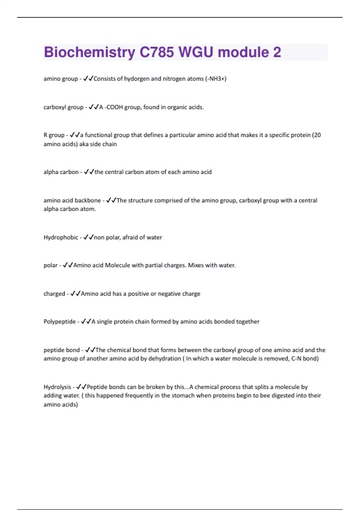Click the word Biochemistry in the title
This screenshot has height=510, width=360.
pos(89,52)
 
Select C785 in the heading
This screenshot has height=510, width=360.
pos(157,52)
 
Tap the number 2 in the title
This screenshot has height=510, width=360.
pos(277,52)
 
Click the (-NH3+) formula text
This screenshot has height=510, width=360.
pos(216,79)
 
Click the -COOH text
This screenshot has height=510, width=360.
pos(113,107)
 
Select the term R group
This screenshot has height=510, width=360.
pos(54,135)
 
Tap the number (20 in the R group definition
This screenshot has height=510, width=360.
pos(316,135)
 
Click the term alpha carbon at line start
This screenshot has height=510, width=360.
pos(61,172)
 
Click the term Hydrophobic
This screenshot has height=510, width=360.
pos(61,237)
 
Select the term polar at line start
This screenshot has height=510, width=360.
pos(50,265)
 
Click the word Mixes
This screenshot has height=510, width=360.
pos(196,265)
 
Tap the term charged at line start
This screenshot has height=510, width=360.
pos(54,294)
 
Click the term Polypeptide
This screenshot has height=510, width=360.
pos(59,322)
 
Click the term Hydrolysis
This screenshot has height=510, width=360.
pos(57,387)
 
